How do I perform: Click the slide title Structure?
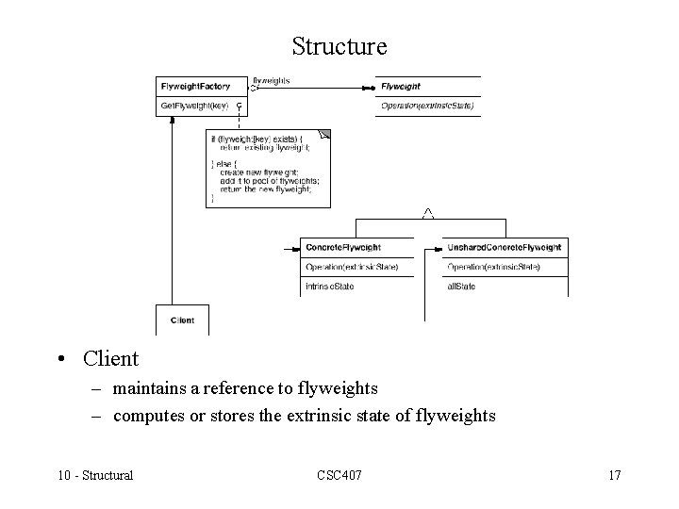(x=339, y=45)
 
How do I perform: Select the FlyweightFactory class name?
(x=195, y=86)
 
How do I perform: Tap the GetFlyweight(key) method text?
(x=194, y=106)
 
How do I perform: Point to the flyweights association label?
(x=272, y=80)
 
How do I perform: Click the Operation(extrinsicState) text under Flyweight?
(x=427, y=106)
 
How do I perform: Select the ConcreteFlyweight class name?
(x=343, y=248)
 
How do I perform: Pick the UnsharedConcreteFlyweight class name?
(x=504, y=248)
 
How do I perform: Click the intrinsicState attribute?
(x=330, y=287)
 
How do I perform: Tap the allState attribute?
(x=461, y=287)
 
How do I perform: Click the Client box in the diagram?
(x=182, y=320)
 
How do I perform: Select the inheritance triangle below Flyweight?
(x=428, y=214)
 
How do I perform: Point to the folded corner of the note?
(x=325, y=135)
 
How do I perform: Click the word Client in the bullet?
(x=110, y=359)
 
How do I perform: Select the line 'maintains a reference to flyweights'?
(x=245, y=388)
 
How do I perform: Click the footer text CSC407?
(x=339, y=475)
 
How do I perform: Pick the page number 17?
(x=614, y=475)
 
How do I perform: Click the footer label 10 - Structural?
(x=93, y=475)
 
